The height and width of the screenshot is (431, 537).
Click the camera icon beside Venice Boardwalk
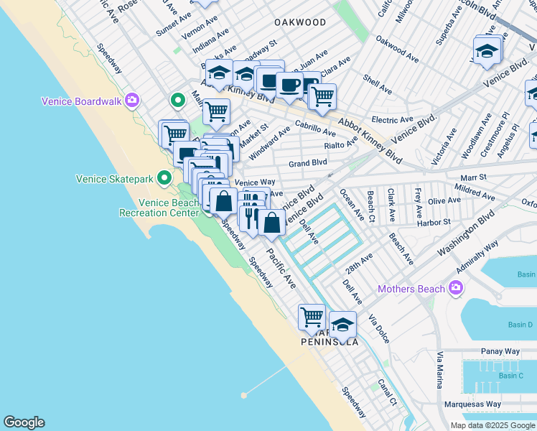[131, 100]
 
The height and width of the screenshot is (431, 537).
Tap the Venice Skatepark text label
[115, 177]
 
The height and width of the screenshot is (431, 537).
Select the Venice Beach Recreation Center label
[159, 208]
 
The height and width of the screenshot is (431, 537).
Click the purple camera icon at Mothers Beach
[455, 289]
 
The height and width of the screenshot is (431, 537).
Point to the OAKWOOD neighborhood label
[301, 22]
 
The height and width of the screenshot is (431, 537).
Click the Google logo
[24, 422]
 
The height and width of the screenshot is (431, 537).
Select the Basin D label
[520, 325]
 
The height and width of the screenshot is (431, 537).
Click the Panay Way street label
[498, 351]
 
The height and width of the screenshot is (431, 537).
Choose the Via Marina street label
[439, 370]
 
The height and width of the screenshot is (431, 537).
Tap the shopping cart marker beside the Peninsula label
[312, 317]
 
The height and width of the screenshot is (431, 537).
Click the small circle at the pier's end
[244, 394]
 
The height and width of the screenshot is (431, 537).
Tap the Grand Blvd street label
[307, 163]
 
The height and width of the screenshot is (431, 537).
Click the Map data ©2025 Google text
[492, 425]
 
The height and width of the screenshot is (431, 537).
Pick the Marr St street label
[472, 177]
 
